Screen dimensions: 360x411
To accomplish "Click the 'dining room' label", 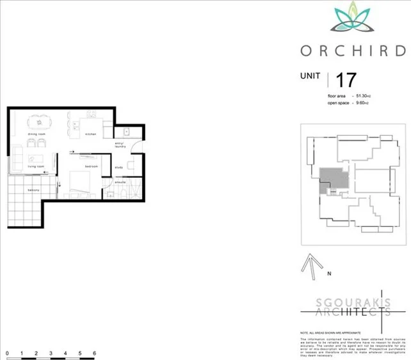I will pos(36,134).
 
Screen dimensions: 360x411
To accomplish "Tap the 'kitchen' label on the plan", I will pos(90,134).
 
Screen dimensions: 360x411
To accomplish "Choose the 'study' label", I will pos(118,168).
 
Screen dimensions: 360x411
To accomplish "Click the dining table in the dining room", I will pos(40,121).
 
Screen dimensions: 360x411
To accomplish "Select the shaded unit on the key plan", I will pos(333,178).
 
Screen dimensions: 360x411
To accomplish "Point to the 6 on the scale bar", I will pos(94,353).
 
